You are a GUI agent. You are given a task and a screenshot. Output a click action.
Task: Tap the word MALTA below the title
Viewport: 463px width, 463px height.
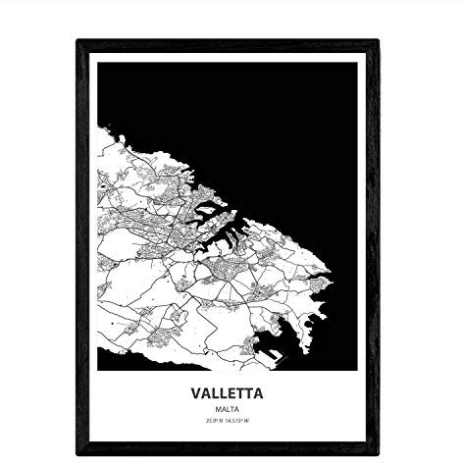[x=231, y=411]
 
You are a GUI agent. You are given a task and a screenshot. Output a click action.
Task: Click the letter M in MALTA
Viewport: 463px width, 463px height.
[x=221, y=411]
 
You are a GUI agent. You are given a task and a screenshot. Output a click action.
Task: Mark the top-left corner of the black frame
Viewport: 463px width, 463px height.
[x=77, y=41]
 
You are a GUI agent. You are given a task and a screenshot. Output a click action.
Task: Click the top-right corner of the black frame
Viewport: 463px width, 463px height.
[x=379, y=41]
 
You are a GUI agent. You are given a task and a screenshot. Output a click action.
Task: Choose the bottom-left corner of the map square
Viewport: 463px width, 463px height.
[x=99, y=370]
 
